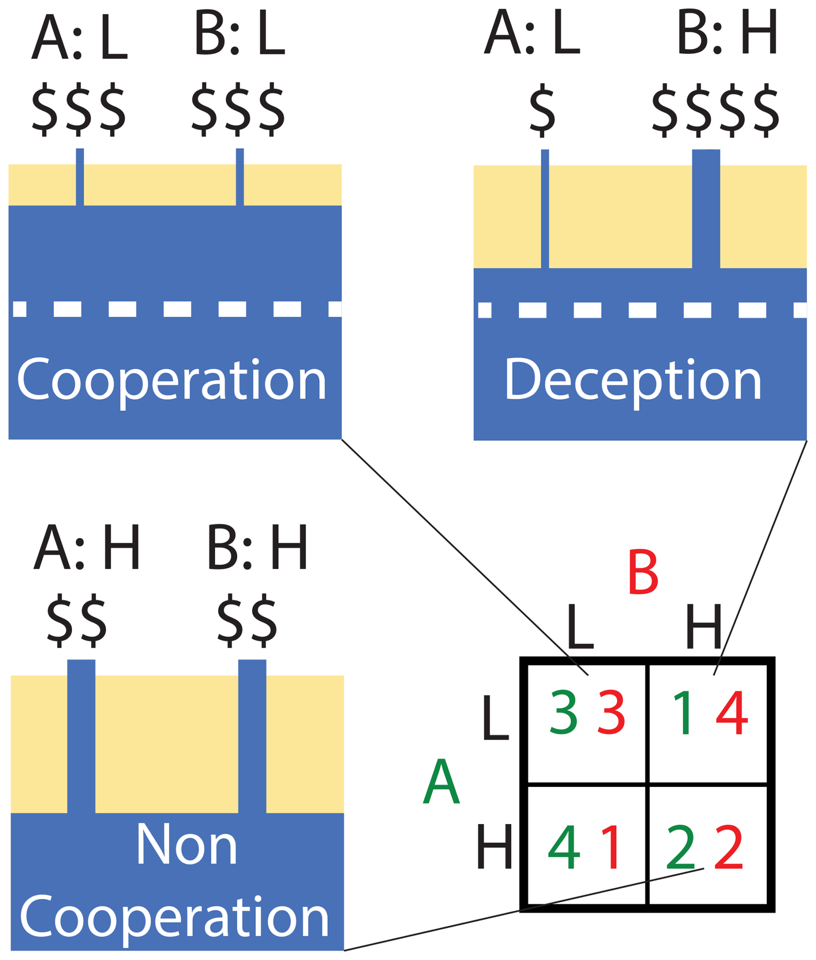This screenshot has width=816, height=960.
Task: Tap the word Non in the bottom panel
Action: [x=186, y=844]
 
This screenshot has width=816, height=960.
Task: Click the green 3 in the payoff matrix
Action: [x=563, y=713]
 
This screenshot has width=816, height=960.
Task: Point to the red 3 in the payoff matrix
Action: [x=612, y=713]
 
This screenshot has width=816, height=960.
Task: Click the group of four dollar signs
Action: [x=716, y=110]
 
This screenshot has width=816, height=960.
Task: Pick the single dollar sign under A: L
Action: [x=542, y=110]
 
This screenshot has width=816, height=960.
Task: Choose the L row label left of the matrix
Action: [x=495, y=718]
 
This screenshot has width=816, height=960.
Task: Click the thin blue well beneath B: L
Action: [x=240, y=177]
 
